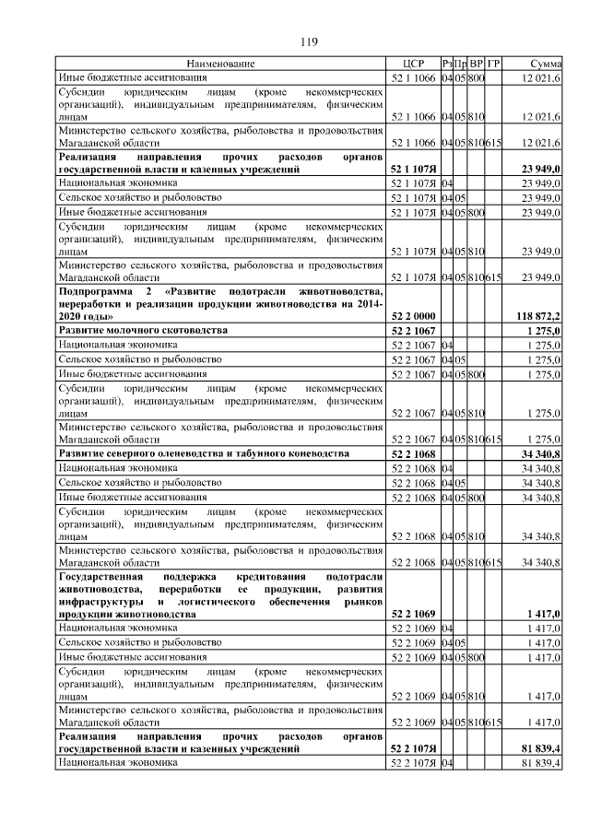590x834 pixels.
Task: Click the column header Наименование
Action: [221, 64]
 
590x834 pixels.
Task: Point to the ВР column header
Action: [477, 64]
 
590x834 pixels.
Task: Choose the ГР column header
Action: [494, 64]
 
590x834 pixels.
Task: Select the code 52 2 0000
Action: [413, 315]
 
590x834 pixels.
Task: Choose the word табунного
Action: [265, 454]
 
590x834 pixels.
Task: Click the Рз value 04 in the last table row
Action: [447, 763]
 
